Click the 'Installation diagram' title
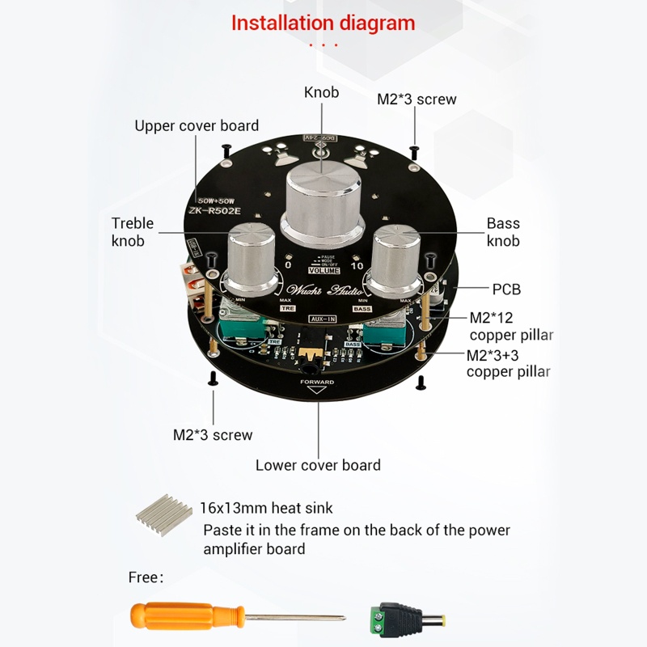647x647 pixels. tap(323, 23)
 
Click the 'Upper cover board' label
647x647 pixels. tap(197, 125)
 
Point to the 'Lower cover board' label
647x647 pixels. tap(318, 465)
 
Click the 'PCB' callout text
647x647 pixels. tap(506, 289)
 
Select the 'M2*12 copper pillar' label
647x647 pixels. tap(511, 327)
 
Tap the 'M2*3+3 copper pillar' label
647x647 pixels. tap(508, 363)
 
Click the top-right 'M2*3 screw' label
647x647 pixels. tap(417, 99)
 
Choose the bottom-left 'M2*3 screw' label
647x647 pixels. tap(213, 435)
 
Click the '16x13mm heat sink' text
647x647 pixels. tap(267, 508)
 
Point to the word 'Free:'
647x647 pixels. tap(146, 577)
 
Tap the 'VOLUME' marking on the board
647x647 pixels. tap(324, 271)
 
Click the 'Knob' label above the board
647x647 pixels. tap(321, 92)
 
